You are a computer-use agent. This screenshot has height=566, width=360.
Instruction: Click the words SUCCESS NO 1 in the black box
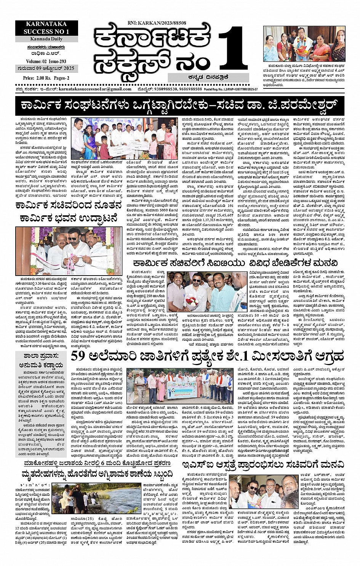coord(46,32)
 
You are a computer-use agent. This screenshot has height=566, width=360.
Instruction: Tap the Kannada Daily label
coord(46,39)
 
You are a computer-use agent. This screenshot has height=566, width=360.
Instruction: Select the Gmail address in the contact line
coord(95,89)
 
